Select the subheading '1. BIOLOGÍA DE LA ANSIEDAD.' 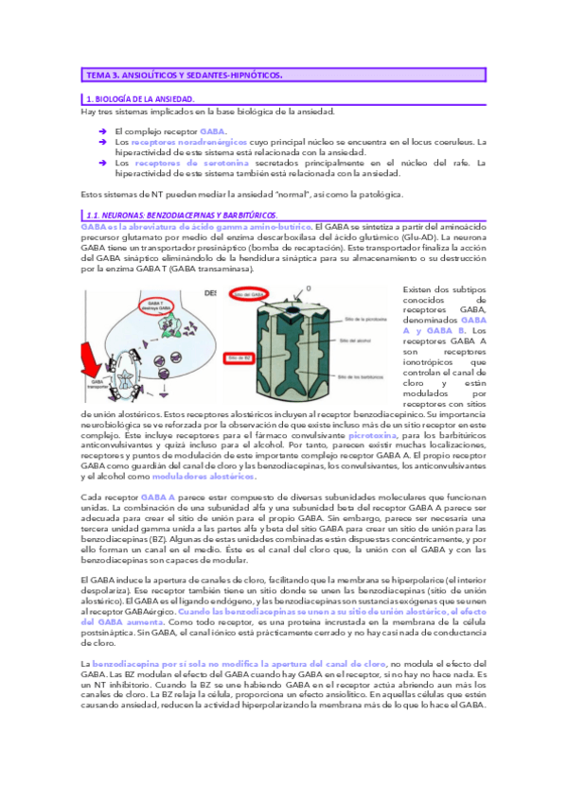point(140,99)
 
